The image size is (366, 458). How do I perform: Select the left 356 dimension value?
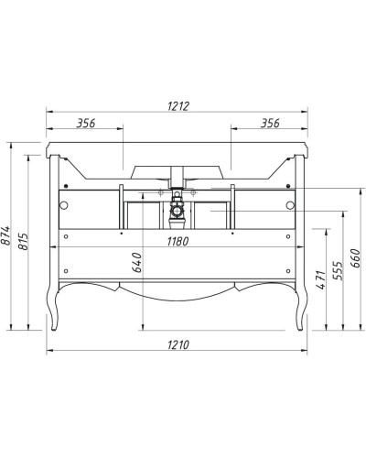click(x=85, y=122)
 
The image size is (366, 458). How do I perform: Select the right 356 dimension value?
click(x=269, y=122)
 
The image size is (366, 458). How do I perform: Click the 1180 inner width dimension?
click(x=178, y=242)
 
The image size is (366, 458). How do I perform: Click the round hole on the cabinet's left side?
click(x=65, y=202)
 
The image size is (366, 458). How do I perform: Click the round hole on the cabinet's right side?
click(x=291, y=202)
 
